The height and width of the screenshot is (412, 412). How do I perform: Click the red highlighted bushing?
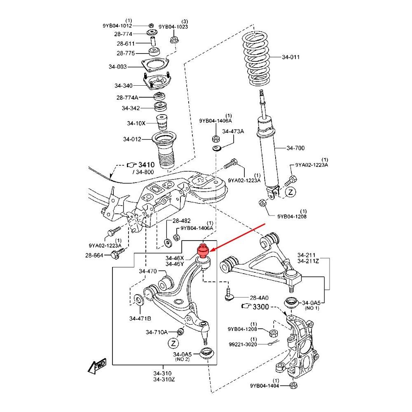[202, 251]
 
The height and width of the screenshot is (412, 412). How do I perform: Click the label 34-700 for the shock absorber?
[295, 148]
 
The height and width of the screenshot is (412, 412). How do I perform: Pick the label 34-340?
[124, 86]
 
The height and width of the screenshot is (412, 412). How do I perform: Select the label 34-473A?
[233, 131]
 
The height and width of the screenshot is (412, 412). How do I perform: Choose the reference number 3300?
[260, 307]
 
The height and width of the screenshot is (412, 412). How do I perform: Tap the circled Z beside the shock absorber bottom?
[291, 192]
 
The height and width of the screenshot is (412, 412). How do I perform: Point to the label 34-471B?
[140, 318]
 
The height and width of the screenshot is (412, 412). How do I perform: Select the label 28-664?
[95, 255]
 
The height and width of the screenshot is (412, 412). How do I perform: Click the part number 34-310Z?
[164, 379]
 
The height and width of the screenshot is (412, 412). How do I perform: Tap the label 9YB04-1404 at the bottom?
[265, 386]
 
